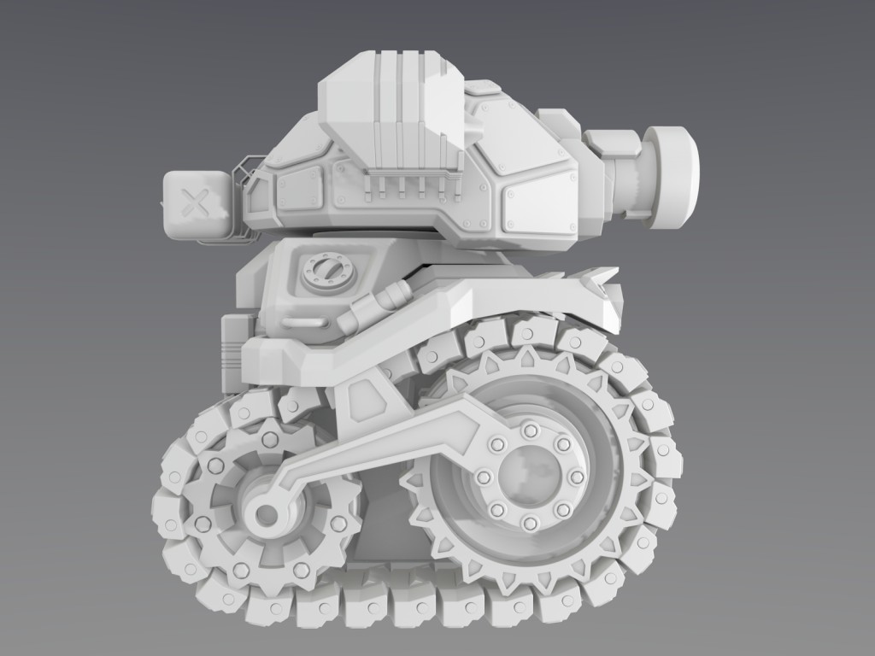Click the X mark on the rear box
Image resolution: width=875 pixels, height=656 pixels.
197,205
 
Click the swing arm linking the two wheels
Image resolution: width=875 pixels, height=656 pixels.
385,444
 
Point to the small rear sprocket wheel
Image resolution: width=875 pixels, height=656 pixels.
256,504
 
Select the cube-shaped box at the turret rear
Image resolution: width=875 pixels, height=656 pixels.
197,205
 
